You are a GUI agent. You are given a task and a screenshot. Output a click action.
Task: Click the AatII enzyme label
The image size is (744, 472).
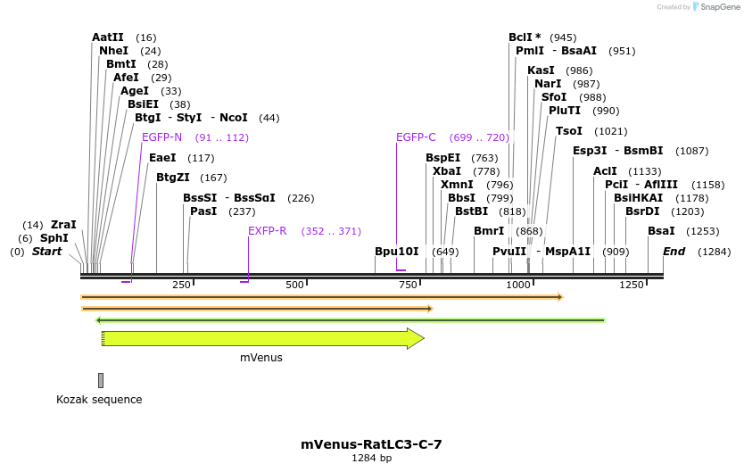click(x=107, y=37)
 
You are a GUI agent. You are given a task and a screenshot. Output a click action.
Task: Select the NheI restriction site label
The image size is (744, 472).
click(x=113, y=51)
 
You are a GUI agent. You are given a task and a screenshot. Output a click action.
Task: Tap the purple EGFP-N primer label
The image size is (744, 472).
click(x=161, y=137)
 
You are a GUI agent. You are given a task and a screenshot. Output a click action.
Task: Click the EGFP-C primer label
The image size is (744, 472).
click(x=416, y=137)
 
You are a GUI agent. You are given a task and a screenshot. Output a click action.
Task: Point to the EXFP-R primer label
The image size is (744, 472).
click(x=267, y=231)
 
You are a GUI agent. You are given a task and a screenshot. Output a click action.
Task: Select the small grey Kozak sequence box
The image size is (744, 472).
click(x=101, y=380)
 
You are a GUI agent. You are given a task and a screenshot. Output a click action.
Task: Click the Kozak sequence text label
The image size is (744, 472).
click(x=99, y=400)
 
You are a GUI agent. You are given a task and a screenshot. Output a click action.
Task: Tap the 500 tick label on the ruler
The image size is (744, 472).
click(x=294, y=285)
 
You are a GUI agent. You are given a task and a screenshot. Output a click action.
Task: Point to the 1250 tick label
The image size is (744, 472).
click(x=631, y=285)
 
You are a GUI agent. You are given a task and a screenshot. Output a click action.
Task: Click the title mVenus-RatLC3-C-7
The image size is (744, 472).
click(x=371, y=443)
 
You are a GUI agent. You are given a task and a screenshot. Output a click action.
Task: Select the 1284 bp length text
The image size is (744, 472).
click(x=371, y=458)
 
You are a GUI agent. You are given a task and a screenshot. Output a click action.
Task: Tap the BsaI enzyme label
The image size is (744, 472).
click(x=661, y=231)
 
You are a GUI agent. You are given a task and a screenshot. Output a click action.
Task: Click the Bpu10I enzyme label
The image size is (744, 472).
click(x=396, y=252)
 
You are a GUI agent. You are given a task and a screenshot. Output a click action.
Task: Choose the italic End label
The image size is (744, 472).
click(x=674, y=252)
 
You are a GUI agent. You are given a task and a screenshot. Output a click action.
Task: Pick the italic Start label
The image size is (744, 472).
click(x=46, y=252)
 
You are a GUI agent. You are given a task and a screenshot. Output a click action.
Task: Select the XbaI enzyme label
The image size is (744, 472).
click(x=447, y=170)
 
